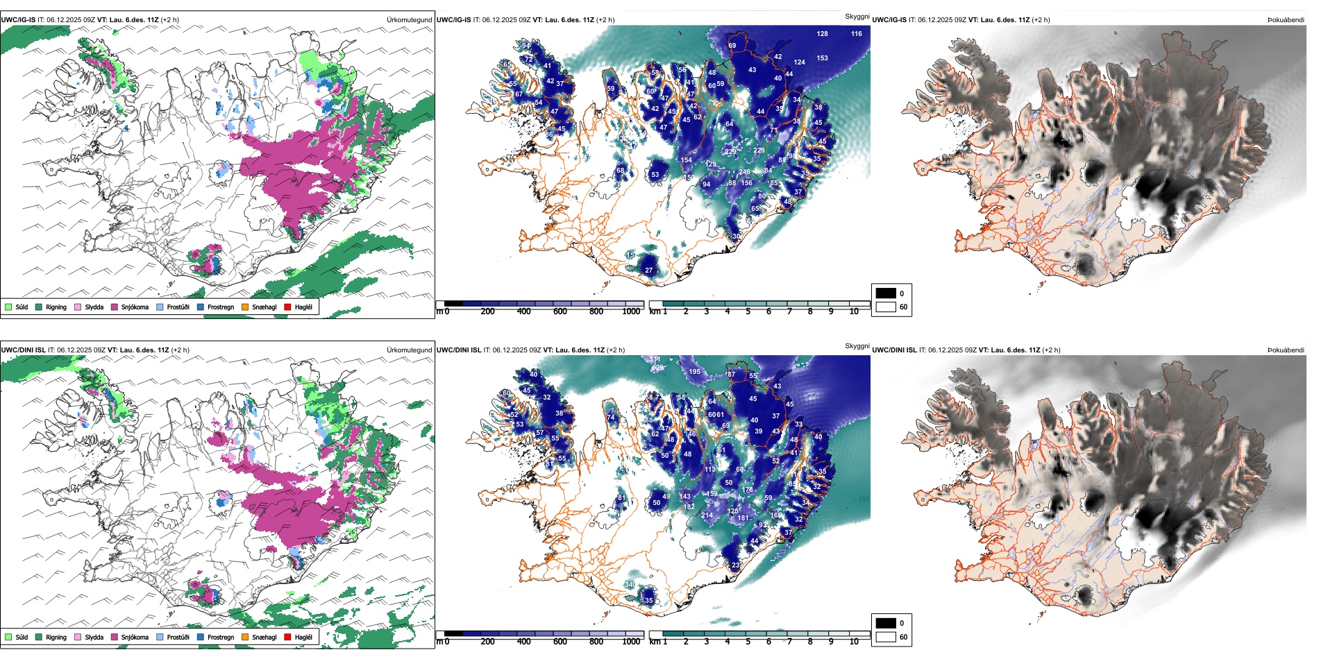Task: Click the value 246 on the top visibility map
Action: [x=744, y=172]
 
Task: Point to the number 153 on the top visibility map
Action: [x=822, y=58]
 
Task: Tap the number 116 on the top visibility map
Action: [x=856, y=34]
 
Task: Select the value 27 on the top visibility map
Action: [x=648, y=271]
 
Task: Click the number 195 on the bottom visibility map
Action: [x=694, y=372]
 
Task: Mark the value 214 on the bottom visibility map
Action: [x=707, y=515]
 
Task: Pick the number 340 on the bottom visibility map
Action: [x=629, y=585]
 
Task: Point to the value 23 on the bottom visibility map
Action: [x=735, y=565]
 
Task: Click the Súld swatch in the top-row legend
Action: [x=8, y=307]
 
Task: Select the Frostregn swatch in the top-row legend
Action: [x=201, y=307]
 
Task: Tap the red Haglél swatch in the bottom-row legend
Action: [x=287, y=637]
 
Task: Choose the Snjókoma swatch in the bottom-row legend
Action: [x=115, y=637]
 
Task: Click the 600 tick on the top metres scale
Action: [x=560, y=311]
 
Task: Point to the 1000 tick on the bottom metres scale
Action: [x=631, y=642]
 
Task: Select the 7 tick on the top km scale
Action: [x=789, y=311]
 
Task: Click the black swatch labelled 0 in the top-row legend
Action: [x=886, y=293]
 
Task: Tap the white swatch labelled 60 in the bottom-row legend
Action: [x=886, y=637]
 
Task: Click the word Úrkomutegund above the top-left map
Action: [x=409, y=20]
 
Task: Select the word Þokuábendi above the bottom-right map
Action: [x=1286, y=350]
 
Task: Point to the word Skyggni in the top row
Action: [x=857, y=17]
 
